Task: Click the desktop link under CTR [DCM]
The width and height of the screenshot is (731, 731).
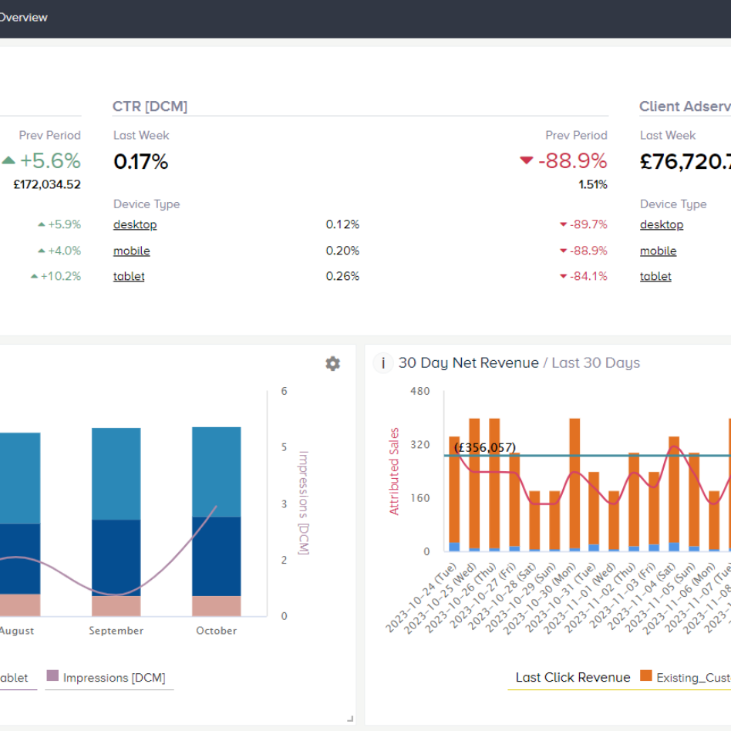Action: coord(135,224)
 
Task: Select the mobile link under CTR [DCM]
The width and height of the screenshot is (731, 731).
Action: coord(132,251)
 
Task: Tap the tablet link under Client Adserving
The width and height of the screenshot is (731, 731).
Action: coord(655,276)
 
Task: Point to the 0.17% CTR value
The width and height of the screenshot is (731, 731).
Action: coord(140,162)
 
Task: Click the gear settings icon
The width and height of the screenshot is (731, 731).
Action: coord(332,363)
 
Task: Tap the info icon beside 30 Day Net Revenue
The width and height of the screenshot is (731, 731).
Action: coord(383,362)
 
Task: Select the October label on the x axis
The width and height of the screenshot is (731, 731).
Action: coord(217,631)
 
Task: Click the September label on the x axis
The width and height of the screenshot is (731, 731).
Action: coord(116,631)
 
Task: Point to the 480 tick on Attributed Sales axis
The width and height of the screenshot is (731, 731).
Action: coord(420,391)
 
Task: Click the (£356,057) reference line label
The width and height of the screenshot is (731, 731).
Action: coord(484,447)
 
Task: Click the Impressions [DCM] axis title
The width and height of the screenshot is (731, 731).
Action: coord(303,503)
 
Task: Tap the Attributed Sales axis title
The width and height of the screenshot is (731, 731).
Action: coord(395,471)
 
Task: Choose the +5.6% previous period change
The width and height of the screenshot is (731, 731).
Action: coord(50,161)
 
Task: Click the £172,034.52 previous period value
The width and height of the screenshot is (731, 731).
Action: coord(47,184)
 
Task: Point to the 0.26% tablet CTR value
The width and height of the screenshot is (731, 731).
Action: coord(342,276)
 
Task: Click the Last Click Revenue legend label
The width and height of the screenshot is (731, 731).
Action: coord(573,677)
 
